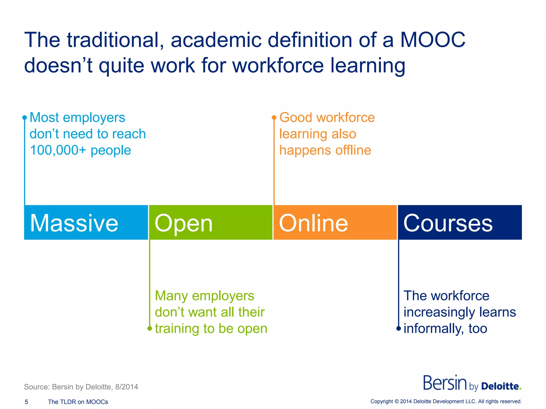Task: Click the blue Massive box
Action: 86,222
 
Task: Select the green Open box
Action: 211,222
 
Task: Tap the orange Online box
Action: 335,222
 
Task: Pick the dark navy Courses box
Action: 460,222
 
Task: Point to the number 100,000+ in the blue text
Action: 58,150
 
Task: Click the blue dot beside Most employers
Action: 25,117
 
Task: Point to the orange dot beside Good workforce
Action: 274,117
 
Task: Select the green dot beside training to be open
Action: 150,329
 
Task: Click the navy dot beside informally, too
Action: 399,329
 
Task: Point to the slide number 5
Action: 26,402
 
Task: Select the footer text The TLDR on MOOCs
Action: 78,402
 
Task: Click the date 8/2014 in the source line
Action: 127,387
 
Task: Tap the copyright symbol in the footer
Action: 396,401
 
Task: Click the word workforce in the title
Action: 278,66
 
